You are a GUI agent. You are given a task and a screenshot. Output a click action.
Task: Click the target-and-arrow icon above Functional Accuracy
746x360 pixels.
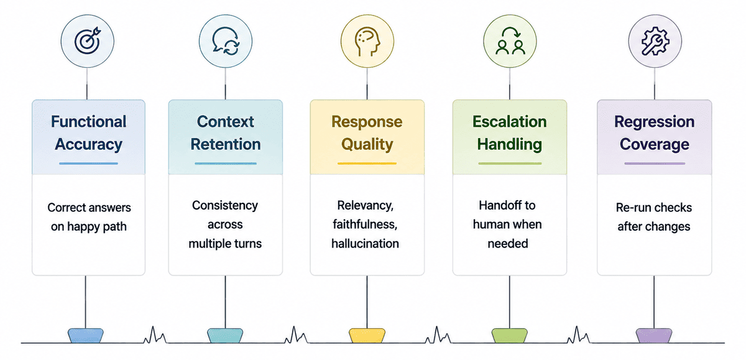tap(88, 41)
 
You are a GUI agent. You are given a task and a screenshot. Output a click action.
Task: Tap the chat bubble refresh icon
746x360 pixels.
tap(226, 41)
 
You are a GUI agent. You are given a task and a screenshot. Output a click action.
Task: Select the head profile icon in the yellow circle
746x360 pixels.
tap(367, 42)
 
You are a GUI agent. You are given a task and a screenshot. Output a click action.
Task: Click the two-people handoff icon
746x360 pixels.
tap(510, 41)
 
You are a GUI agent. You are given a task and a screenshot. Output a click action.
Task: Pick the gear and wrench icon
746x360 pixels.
tap(655, 41)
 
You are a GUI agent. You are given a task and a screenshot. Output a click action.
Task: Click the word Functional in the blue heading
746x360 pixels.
tap(88, 121)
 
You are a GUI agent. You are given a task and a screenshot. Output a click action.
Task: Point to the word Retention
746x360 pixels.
tap(226, 144)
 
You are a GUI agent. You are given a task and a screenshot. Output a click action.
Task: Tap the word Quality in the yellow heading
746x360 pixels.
tap(367, 145)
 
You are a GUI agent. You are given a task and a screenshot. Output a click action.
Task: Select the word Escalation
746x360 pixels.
tap(510, 121)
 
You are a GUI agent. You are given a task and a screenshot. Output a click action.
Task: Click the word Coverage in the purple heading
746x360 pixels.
tap(655, 145)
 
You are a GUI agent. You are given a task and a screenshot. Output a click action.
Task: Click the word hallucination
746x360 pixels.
tap(365, 244)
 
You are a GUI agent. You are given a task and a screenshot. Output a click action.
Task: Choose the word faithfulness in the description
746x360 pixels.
tap(365, 224)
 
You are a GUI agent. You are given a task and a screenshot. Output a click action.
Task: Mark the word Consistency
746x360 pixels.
tap(225, 205)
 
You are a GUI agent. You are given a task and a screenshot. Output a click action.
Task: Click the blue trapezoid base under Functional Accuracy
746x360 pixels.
tap(86, 335)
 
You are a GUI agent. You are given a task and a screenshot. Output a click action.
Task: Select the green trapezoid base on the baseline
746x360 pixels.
tap(510, 335)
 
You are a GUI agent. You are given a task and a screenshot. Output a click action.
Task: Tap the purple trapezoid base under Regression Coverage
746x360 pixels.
tap(654, 335)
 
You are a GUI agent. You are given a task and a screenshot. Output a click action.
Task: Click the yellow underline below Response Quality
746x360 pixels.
tap(367, 164)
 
